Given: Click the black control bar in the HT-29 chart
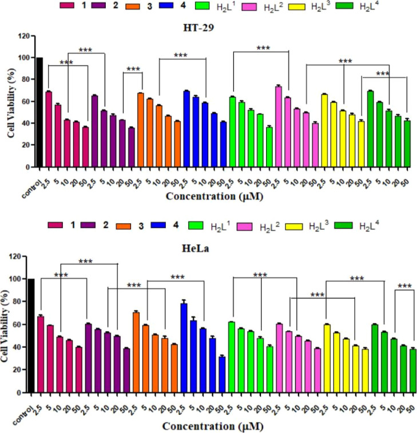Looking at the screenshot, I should (39, 112).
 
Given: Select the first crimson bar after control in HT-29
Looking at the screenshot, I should (49, 129).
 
